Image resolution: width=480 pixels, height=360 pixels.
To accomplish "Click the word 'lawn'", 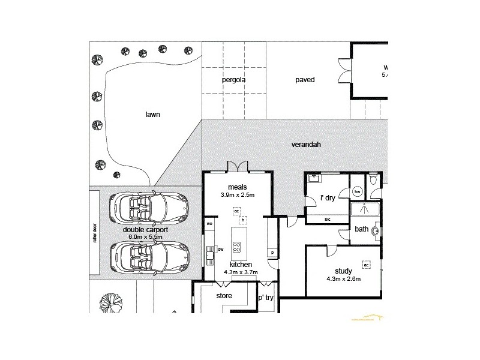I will (152, 113).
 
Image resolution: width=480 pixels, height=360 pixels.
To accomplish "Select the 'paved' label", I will (305, 79).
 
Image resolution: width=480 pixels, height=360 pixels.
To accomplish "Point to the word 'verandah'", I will (306, 145).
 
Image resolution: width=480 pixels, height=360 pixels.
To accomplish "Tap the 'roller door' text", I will (94, 233).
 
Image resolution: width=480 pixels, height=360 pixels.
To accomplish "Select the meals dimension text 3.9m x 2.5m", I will (237, 195).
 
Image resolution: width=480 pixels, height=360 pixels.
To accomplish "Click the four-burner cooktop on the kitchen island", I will (237, 247).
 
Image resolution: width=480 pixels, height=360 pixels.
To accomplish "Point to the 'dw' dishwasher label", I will (221, 249).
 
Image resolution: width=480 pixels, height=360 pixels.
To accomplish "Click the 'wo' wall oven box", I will (209, 224).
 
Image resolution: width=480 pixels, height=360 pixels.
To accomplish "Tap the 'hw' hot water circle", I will (358, 192).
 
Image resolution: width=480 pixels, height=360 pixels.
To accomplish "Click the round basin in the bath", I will (376, 230).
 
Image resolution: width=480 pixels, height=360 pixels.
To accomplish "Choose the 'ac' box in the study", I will (365, 264).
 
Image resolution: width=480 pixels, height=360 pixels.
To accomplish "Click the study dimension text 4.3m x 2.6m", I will (343, 279).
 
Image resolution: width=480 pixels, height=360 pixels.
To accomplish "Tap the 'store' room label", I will (224, 296).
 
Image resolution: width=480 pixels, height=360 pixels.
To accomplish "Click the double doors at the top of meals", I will (237, 166).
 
